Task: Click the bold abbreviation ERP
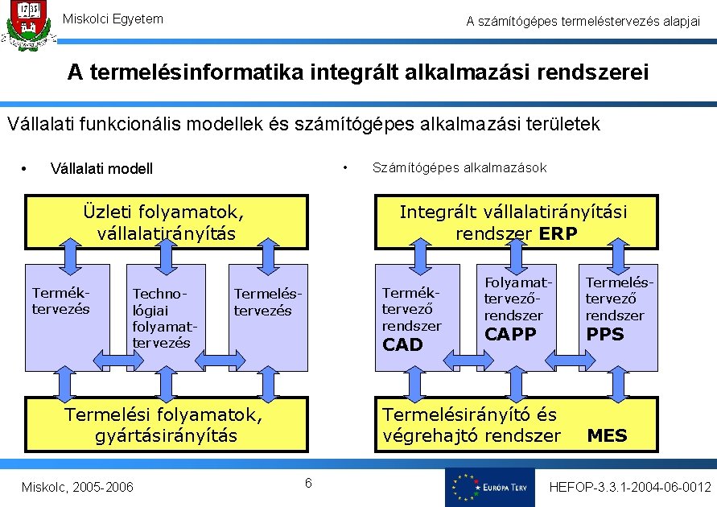[558, 233]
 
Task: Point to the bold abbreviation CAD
[402, 345]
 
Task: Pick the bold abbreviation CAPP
[510, 333]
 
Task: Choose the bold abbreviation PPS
[605, 334]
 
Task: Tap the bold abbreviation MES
[608, 436]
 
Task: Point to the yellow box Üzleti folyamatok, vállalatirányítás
[166, 223]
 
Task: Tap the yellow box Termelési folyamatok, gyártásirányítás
[166, 425]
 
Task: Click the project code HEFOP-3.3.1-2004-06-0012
[629, 487]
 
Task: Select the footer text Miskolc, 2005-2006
[78, 487]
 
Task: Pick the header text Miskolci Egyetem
[113, 19]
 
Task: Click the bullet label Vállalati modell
[101, 168]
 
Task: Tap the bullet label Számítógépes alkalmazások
[459, 167]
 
